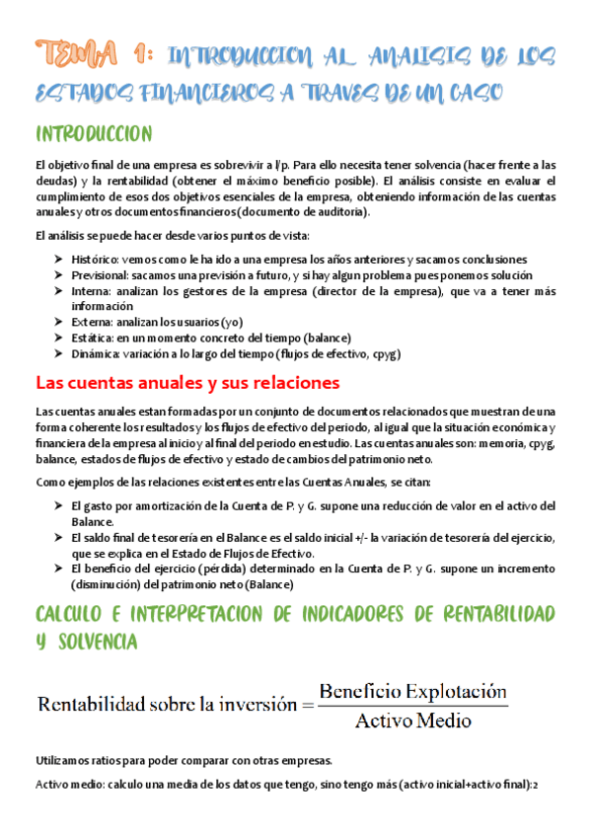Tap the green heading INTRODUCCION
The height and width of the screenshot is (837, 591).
click(x=93, y=133)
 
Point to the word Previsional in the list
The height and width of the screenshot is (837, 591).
click(x=100, y=275)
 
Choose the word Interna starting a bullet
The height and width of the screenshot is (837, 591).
click(x=91, y=291)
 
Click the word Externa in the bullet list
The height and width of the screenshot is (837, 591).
click(x=92, y=322)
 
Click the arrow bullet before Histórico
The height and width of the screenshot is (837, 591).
click(x=59, y=259)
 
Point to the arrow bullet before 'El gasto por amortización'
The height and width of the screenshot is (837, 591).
click(x=59, y=506)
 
